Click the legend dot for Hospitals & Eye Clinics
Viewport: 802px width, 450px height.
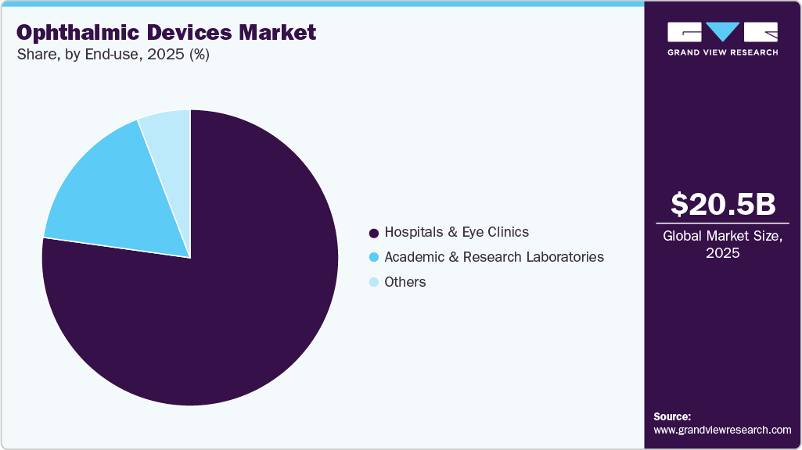coord(373,233)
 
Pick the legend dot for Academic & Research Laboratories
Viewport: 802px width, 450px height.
coord(373,257)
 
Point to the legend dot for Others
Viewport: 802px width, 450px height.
coord(373,282)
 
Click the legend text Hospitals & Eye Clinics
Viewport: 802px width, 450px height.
coord(456,232)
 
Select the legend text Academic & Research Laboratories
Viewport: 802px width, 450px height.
coord(494,257)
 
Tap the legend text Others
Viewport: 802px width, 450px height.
coord(405,282)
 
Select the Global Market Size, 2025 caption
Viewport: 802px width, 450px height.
coord(723,244)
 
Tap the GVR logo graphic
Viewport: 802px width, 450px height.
coord(722,32)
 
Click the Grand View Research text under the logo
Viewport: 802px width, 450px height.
coord(722,52)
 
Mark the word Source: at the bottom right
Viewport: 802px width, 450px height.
coord(672,416)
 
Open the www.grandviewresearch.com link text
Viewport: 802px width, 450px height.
coord(722,430)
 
